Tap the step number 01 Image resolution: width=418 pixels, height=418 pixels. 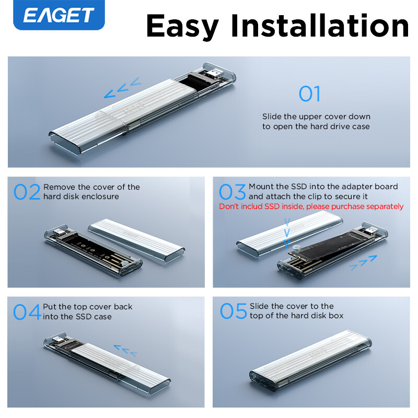click(309, 94)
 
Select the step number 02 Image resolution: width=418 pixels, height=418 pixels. click(27, 192)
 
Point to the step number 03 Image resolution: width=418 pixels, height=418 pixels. click(233, 192)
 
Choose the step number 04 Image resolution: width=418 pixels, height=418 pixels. click(27, 312)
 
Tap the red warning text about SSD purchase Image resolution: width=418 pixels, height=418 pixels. click(311, 206)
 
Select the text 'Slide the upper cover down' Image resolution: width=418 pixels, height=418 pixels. click(316, 116)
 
